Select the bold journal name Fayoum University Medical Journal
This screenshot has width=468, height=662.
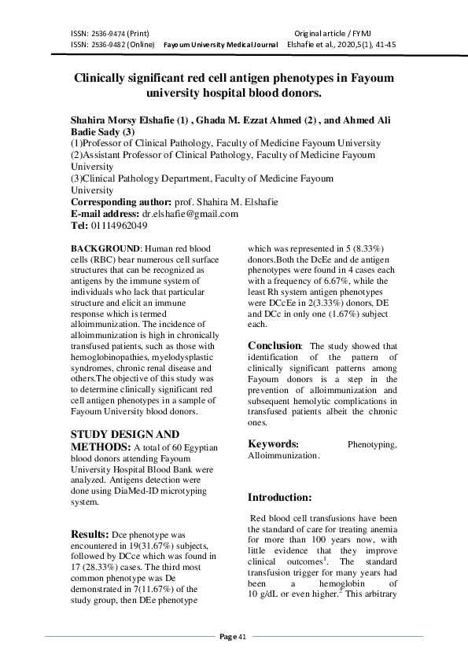(220, 45)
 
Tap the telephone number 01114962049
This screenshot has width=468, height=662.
(119, 225)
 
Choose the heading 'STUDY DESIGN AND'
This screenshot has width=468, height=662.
(125, 434)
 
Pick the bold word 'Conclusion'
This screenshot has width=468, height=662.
(275, 345)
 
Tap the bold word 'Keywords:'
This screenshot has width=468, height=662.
(273, 443)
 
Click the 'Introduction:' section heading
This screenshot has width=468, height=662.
(280, 497)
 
